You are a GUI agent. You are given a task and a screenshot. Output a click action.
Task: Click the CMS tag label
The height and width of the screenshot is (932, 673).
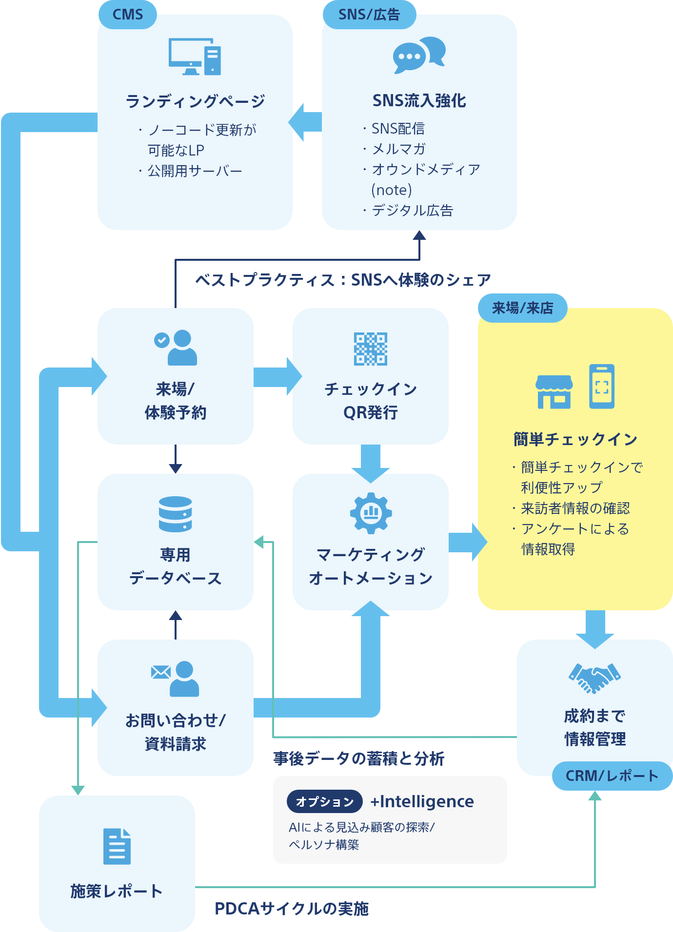pos(127,15)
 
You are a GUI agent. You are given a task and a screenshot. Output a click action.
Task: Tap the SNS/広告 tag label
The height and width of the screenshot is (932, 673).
pos(369,15)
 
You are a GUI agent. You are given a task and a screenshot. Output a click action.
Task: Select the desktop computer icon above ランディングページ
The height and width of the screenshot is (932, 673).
pos(195,57)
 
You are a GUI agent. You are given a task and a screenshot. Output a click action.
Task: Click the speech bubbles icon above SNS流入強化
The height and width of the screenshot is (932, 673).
pos(419,55)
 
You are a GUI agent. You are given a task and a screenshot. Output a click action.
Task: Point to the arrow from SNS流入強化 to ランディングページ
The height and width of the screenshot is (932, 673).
pos(305,122)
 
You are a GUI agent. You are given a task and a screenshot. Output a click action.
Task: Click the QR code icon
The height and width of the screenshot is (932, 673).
pos(371,349)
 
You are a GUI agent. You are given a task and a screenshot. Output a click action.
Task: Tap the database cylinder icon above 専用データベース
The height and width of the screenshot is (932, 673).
pos(175,514)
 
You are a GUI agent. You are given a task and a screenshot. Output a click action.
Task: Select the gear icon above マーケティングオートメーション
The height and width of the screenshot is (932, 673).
pos(371,513)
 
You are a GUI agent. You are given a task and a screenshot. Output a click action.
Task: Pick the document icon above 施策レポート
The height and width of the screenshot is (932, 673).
pos(117,846)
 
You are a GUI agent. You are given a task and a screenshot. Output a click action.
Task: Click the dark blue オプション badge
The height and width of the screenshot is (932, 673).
pos(324,801)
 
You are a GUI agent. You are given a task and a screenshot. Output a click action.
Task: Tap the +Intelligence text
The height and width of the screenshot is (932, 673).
pos(422,801)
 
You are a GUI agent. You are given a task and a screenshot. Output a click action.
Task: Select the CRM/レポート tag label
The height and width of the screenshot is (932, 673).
pos(612,776)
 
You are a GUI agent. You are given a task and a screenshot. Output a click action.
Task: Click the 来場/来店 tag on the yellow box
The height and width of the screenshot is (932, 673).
pos(522,308)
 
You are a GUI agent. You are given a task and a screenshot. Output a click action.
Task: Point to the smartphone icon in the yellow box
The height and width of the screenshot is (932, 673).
pos(602,387)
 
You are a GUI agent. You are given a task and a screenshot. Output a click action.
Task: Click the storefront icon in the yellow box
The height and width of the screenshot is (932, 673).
pos(554,391)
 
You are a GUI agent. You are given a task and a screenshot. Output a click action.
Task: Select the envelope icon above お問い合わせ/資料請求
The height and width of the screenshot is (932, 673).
pos(160,672)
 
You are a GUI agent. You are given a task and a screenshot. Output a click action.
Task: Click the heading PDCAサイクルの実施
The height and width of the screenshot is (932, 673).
pos(292,909)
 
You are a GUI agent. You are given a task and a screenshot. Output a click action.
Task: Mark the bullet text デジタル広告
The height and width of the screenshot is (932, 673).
pos(412,211)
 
